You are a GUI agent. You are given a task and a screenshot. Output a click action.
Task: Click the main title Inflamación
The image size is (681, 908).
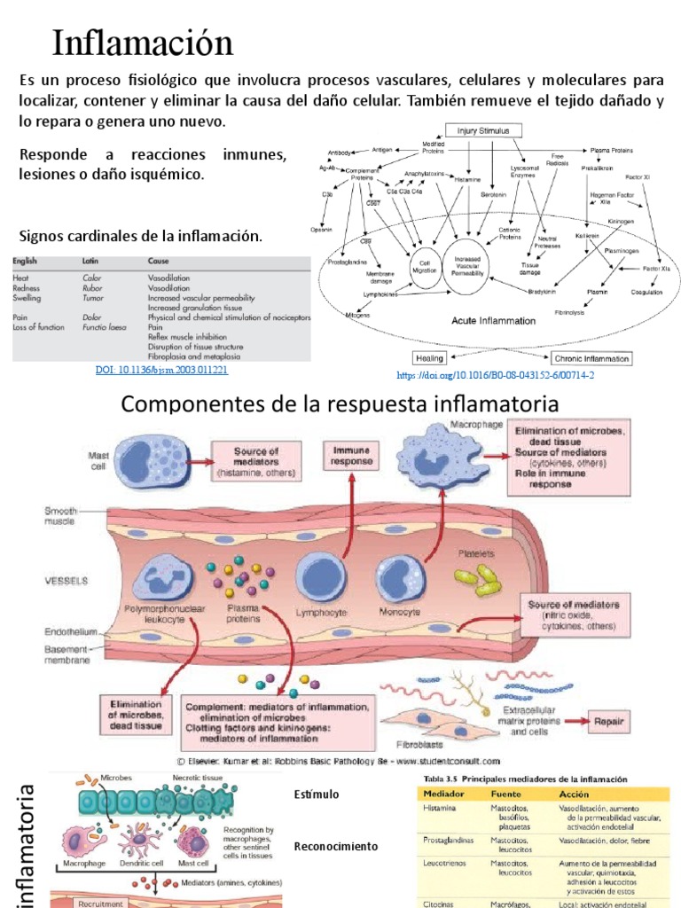pyautogui.click(x=143, y=43)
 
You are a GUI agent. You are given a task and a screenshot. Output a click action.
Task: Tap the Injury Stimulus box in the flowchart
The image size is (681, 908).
pyautogui.click(x=482, y=130)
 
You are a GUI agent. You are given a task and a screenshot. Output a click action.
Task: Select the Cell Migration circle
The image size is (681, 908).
pyautogui.click(x=423, y=263)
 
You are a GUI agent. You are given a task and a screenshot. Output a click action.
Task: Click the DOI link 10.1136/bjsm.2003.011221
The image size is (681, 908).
pyautogui.click(x=161, y=369)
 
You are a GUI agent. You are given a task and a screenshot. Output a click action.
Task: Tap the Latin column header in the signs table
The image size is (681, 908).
pyautogui.click(x=90, y=262)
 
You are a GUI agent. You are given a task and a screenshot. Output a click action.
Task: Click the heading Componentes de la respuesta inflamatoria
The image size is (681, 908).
pyautogui.click(x=340, y=404)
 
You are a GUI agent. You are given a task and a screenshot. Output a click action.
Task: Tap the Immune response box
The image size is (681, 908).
pyautogui.click(x=351, y=456)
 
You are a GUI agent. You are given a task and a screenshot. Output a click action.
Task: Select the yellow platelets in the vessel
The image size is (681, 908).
pyautogui.click(x=477, y=580)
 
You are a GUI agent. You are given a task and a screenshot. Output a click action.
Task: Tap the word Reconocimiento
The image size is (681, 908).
pyautogui.click(x=335, y=846)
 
